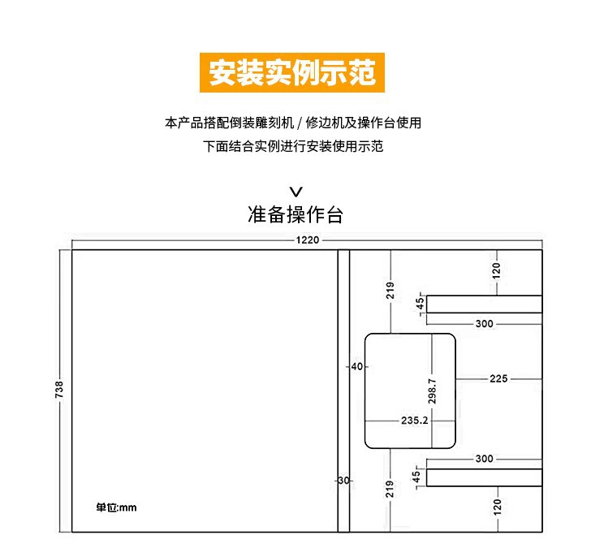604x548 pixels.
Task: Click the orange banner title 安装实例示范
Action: click(292, 72)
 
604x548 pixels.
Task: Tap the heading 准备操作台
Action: click(296, 215)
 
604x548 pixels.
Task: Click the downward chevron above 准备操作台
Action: click(296, 192)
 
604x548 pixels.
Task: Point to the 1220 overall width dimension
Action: click(307, 239)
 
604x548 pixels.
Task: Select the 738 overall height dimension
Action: click(58, 390)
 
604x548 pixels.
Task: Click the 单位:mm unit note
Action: click(117, 507)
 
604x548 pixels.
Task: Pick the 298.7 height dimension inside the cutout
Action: click(433, 391)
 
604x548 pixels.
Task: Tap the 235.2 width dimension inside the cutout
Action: click(415, 421)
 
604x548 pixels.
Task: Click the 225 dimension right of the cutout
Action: click(498, 378)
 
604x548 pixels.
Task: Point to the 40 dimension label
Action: click(357, 366)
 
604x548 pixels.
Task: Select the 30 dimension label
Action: click(343, 481)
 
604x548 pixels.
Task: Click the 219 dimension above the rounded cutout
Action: click(390, 291)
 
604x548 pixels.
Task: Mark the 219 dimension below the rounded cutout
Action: click(390, 489)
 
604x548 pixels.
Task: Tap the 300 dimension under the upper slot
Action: click(485, 324)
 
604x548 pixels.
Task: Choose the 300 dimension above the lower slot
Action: click(485, 459)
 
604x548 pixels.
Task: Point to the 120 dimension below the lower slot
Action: click(497, 507)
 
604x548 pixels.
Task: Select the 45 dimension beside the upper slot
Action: click(420, 304)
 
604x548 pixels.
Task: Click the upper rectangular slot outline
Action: click(485, 304)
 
